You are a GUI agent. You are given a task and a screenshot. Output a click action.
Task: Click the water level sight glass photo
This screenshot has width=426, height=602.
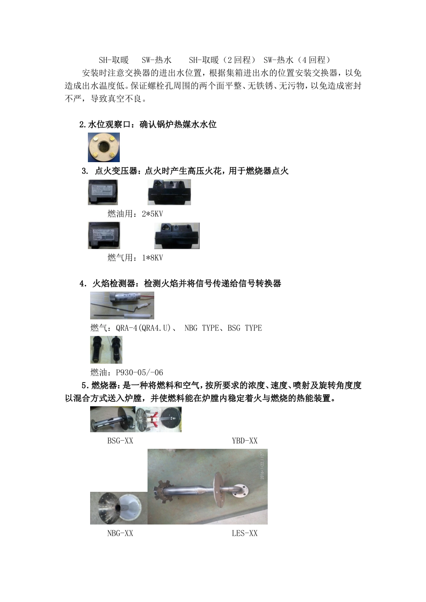(104, 147)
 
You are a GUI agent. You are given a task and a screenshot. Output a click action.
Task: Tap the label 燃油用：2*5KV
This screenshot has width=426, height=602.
(135, 214)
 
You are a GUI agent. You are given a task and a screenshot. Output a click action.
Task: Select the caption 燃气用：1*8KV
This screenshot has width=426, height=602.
(135, 258)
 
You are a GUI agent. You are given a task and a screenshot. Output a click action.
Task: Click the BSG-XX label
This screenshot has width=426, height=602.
(120, 441)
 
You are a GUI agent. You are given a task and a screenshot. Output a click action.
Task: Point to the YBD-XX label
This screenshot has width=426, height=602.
(244, 441)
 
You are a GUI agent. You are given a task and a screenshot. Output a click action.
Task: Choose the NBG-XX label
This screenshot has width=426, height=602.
(120, 533)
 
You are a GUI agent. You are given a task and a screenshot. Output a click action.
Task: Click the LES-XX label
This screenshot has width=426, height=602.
(244, 533)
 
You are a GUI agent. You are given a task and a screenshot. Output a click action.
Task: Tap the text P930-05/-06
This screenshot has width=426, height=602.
(139, 372)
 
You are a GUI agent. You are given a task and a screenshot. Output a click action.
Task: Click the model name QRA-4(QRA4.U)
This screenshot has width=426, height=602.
(143, 328)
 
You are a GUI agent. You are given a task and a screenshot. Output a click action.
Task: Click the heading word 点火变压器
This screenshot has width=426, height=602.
(116, 171)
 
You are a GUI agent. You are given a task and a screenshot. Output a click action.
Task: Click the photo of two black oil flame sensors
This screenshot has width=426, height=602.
(106, 350)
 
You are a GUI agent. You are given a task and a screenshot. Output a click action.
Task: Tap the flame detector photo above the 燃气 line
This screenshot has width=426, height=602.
(122, 305)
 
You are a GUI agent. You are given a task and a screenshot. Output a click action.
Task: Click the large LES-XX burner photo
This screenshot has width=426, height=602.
(207, 486)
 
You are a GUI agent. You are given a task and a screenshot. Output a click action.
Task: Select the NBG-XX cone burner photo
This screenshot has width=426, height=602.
(118, 508)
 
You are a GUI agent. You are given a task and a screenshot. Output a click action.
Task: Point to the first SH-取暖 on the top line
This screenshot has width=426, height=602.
(113, 60)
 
